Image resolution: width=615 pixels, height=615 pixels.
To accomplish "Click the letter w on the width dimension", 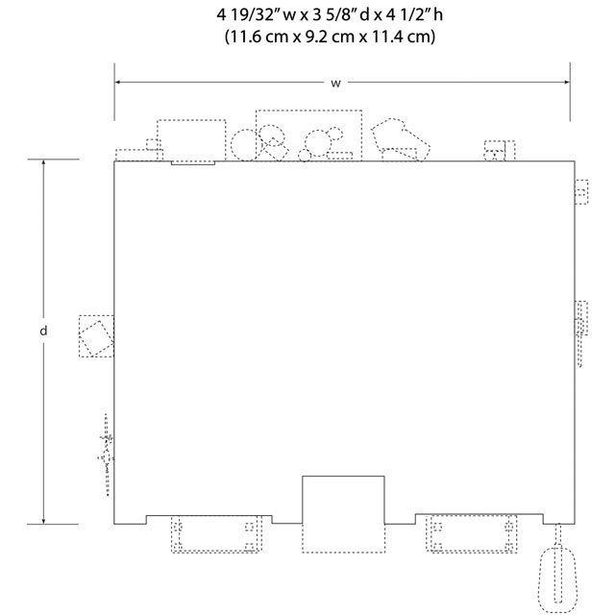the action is click(x=335, y=84).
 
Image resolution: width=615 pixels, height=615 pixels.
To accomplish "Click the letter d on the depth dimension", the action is click(x=43, y=331).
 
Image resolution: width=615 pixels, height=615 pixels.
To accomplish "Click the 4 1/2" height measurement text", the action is click(x=415, y=15).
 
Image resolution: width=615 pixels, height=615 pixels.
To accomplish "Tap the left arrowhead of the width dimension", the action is click(x=117, y=83).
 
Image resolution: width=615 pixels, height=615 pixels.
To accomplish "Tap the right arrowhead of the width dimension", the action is click(x=567, y=83).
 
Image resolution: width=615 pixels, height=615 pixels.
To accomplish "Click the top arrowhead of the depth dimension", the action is click(x=43, y=162).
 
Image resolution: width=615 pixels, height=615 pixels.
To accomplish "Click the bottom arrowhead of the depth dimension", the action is click(x=43, y=521).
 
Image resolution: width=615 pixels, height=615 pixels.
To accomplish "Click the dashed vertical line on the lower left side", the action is click(x=107, y=455).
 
